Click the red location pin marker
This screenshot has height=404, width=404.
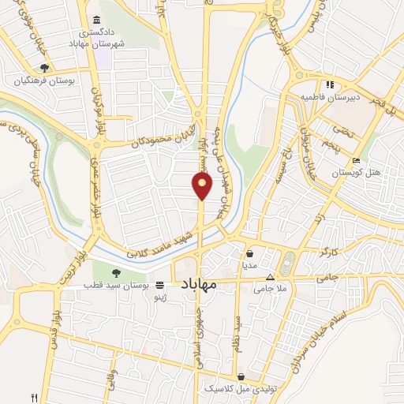point(202,185)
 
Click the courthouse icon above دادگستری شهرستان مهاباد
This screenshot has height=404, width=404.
point(96,20)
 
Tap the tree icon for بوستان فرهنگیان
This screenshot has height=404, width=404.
point(46,69)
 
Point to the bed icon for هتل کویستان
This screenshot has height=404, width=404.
point(357,160)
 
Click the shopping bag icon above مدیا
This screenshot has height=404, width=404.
point(250,254)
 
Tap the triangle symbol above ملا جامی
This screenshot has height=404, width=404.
point(271,278)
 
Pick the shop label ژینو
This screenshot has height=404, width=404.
point(159,294)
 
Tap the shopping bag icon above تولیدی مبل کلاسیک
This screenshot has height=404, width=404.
point(251,377)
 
